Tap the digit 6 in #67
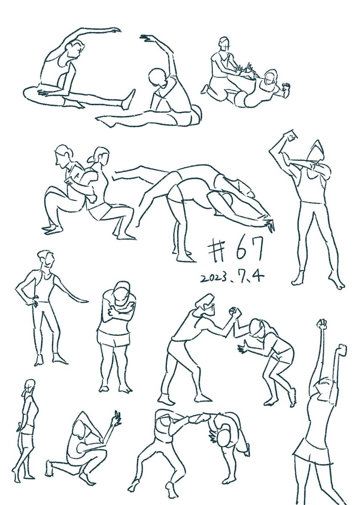tap(241, 250)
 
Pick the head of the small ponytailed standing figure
tap(29, 386)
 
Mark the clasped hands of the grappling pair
tap(234, 313)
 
